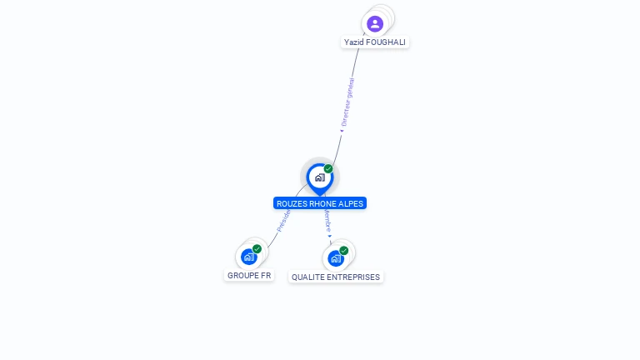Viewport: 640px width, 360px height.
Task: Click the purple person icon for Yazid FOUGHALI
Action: click(x=375, y=23)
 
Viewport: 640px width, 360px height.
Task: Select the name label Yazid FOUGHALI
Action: click(x=376, y=42)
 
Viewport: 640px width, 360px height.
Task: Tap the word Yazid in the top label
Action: click(x=354, y=42)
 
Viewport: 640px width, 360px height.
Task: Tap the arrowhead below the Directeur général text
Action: click(x=342, y=130)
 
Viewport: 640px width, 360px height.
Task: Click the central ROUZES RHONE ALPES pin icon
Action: click(x=319, y=177)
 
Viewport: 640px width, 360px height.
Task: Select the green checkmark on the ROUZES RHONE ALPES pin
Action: click(x=328, y=169)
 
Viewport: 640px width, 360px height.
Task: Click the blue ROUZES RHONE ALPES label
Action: click(x=320, y=203)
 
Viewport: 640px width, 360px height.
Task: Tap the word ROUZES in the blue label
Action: click(x=292, y=203)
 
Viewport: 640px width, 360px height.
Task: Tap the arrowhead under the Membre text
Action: click(x=330, y=237)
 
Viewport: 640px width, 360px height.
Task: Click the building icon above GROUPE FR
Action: click(x=248, y=257)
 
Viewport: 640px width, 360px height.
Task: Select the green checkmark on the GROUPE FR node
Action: click(x=257, y=249)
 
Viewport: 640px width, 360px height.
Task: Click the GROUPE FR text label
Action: click(x=249, y=276)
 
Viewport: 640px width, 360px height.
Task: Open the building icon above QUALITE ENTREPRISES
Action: click(x=336, y=258)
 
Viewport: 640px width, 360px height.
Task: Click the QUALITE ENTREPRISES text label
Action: click(x=336, y=277)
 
